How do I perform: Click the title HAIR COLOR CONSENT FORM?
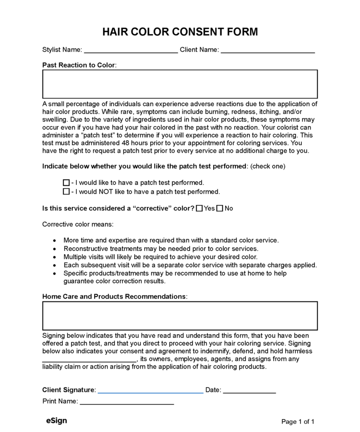click(x=180, y=32)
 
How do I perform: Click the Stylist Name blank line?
click(x=131, y=50)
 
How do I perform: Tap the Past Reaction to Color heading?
click(x=79, y=65)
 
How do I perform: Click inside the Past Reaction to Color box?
click(x=180, y=84)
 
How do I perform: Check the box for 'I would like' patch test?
click(x=66, y=183)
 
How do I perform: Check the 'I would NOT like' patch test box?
click(x=66, y=192)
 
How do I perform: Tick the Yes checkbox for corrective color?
click(x=199, y=209)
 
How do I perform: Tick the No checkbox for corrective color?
click(x=220, y=209)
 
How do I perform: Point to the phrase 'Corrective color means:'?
click(x=78, y=224)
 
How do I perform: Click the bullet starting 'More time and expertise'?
click(x=171, y=240)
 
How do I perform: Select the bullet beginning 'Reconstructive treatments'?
click(x=161, y=248)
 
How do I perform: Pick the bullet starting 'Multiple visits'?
click(x=157, y=257)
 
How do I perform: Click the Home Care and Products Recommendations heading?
click(x=114, y=297)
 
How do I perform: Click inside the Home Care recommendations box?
click(x=180, y=316)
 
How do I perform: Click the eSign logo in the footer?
click(x=56, y=421)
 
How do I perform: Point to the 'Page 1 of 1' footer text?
click(x=298, y=422)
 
